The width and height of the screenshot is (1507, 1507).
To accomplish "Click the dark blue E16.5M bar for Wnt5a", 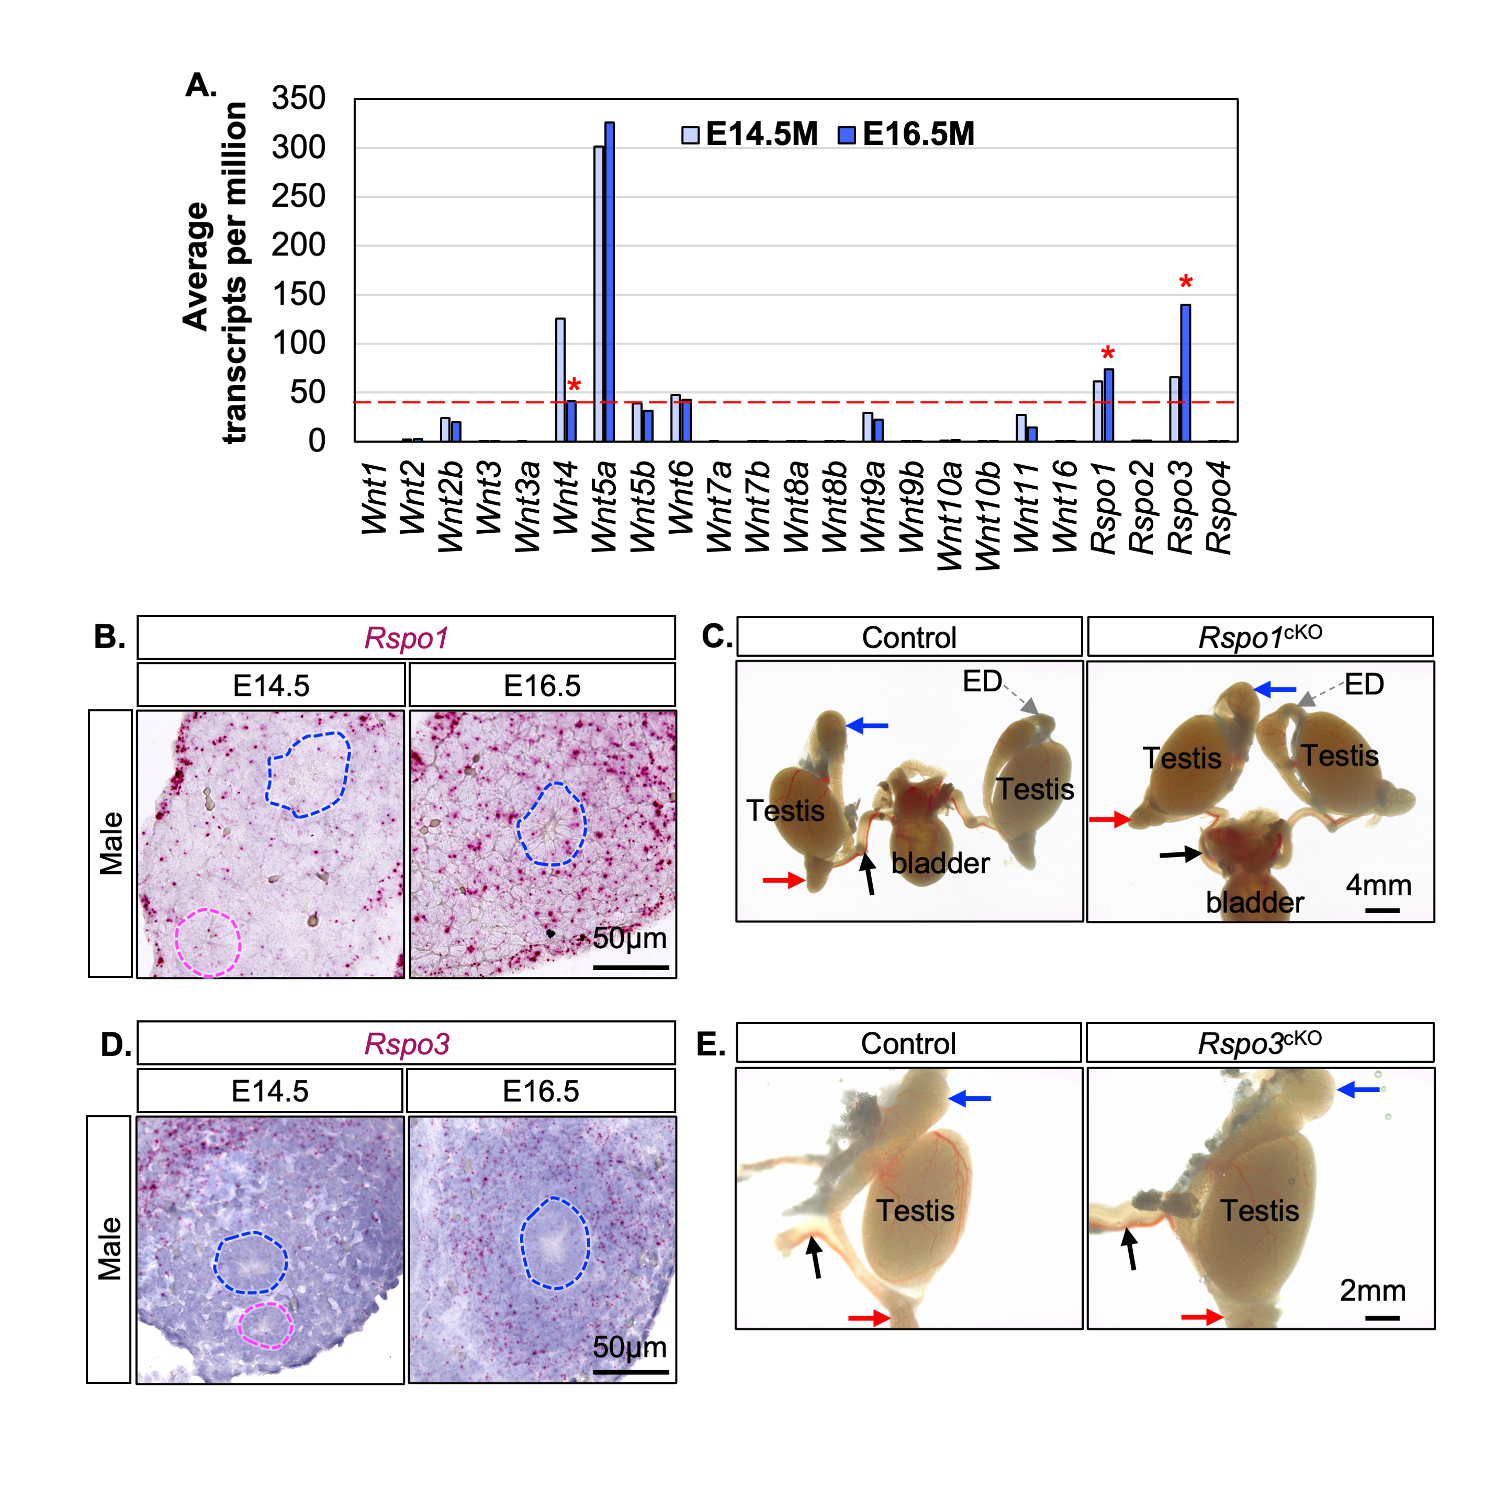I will pos(609,281).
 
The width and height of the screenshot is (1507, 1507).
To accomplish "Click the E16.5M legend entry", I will pos(906,134).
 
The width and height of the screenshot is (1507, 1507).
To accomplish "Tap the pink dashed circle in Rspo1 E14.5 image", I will pos(208,942).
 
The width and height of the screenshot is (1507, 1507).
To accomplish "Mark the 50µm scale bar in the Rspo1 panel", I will pos(630,967).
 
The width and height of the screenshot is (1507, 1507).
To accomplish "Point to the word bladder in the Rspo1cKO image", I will pos(1254,903).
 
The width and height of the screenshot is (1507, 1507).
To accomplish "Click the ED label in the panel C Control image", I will pos(982,682).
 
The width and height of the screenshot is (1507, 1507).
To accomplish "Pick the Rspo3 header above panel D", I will pos(407,1044).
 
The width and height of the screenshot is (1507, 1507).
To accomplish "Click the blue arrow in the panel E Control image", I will pos(970,1098).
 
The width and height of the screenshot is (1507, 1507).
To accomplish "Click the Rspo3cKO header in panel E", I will pos(1259,1043).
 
